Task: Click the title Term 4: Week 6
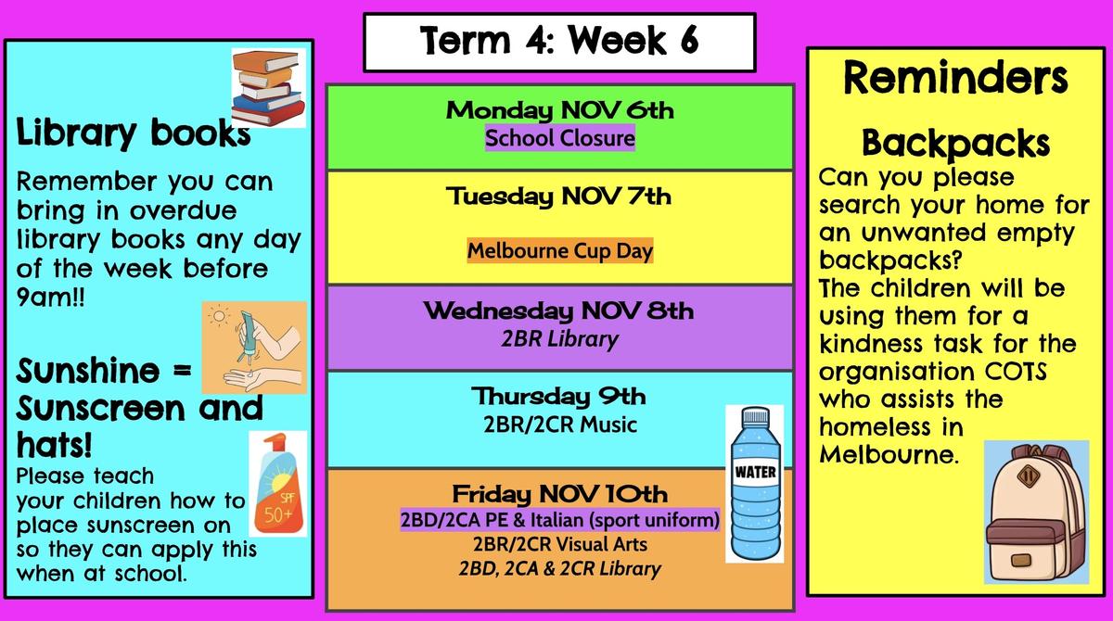(559, 41)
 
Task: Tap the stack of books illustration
(268, 88)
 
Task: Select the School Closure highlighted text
(560, 138)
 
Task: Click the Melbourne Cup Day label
(560, 250)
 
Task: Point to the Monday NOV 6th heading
(560, 110)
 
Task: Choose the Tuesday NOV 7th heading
(559, 196)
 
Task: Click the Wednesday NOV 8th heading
(559, 311)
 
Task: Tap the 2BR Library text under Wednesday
(560, 339)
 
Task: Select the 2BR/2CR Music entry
(560, 425)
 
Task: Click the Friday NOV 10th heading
(560, 494)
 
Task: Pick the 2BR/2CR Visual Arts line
(560, 545)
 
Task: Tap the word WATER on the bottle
(755, 472)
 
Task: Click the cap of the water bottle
(756, 415)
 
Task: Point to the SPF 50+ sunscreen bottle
(278, 484)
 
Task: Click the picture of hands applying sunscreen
(254, 348)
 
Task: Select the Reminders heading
(955, 78)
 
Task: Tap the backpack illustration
(1037, 513)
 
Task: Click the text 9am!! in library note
(50, 298)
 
